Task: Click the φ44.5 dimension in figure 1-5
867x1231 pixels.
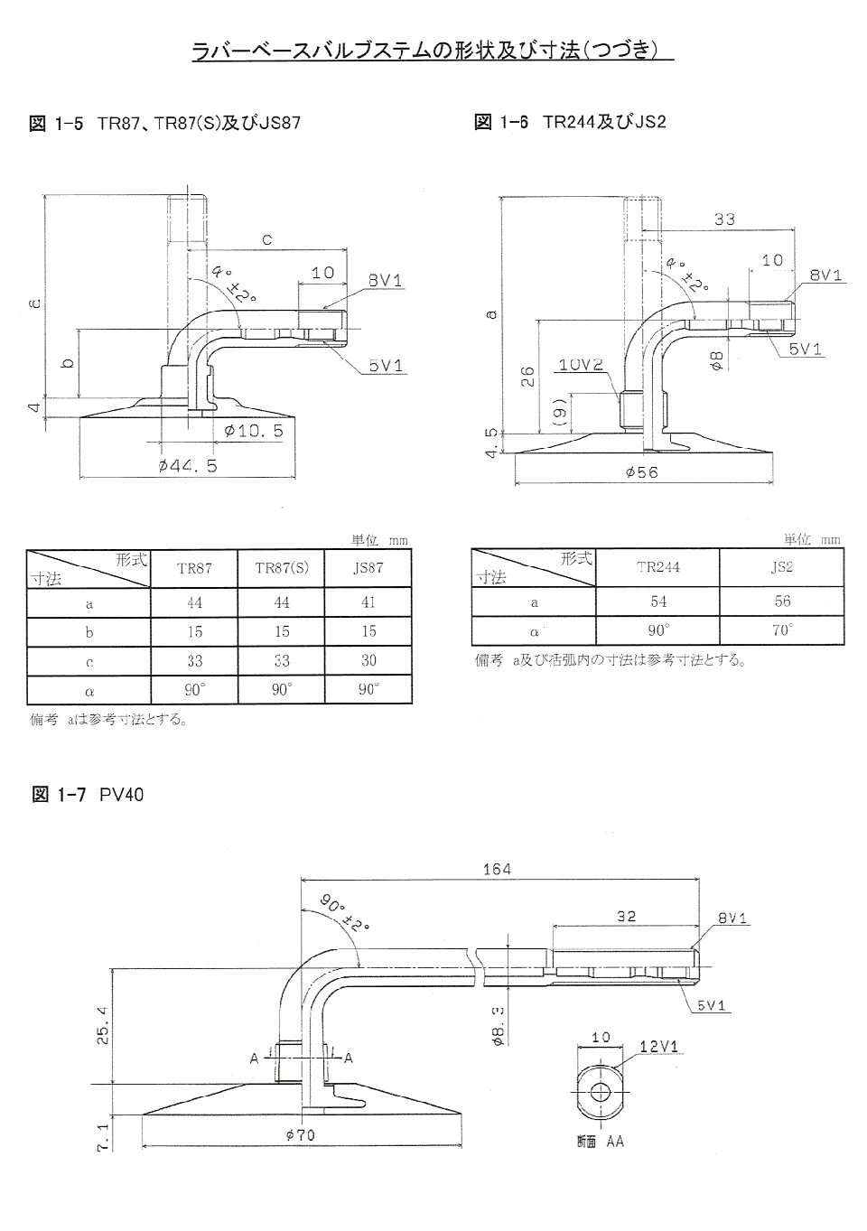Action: (187, 466)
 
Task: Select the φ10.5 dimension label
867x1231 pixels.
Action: (254, 431)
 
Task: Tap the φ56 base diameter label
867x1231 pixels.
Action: (641, 472)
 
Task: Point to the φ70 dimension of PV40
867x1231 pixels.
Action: (300, 1135)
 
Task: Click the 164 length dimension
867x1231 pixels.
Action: (497, 869)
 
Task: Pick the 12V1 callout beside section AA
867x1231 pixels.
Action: (658, 1047)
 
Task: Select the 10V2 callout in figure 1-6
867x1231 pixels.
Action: (580, 365)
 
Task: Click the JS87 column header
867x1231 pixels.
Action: (368, 568)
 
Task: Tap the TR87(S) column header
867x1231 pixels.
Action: (282, 568)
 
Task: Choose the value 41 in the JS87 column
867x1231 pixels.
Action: (368, 602)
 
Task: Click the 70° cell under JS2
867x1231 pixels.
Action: (782, 629)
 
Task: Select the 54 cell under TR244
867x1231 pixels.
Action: (658, 602)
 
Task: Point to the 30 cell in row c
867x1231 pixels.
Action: (368, 660)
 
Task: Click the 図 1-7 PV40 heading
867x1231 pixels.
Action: (88, 795)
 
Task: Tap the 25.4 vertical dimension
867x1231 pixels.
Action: (102, 1026)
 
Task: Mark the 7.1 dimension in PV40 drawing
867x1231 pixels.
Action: (102, 1136)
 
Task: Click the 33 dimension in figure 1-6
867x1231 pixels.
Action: (724, 219)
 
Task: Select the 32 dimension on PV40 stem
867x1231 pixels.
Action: (626, 916)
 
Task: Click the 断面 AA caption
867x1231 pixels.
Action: (600, 1142)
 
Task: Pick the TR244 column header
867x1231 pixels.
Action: (657, 567)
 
